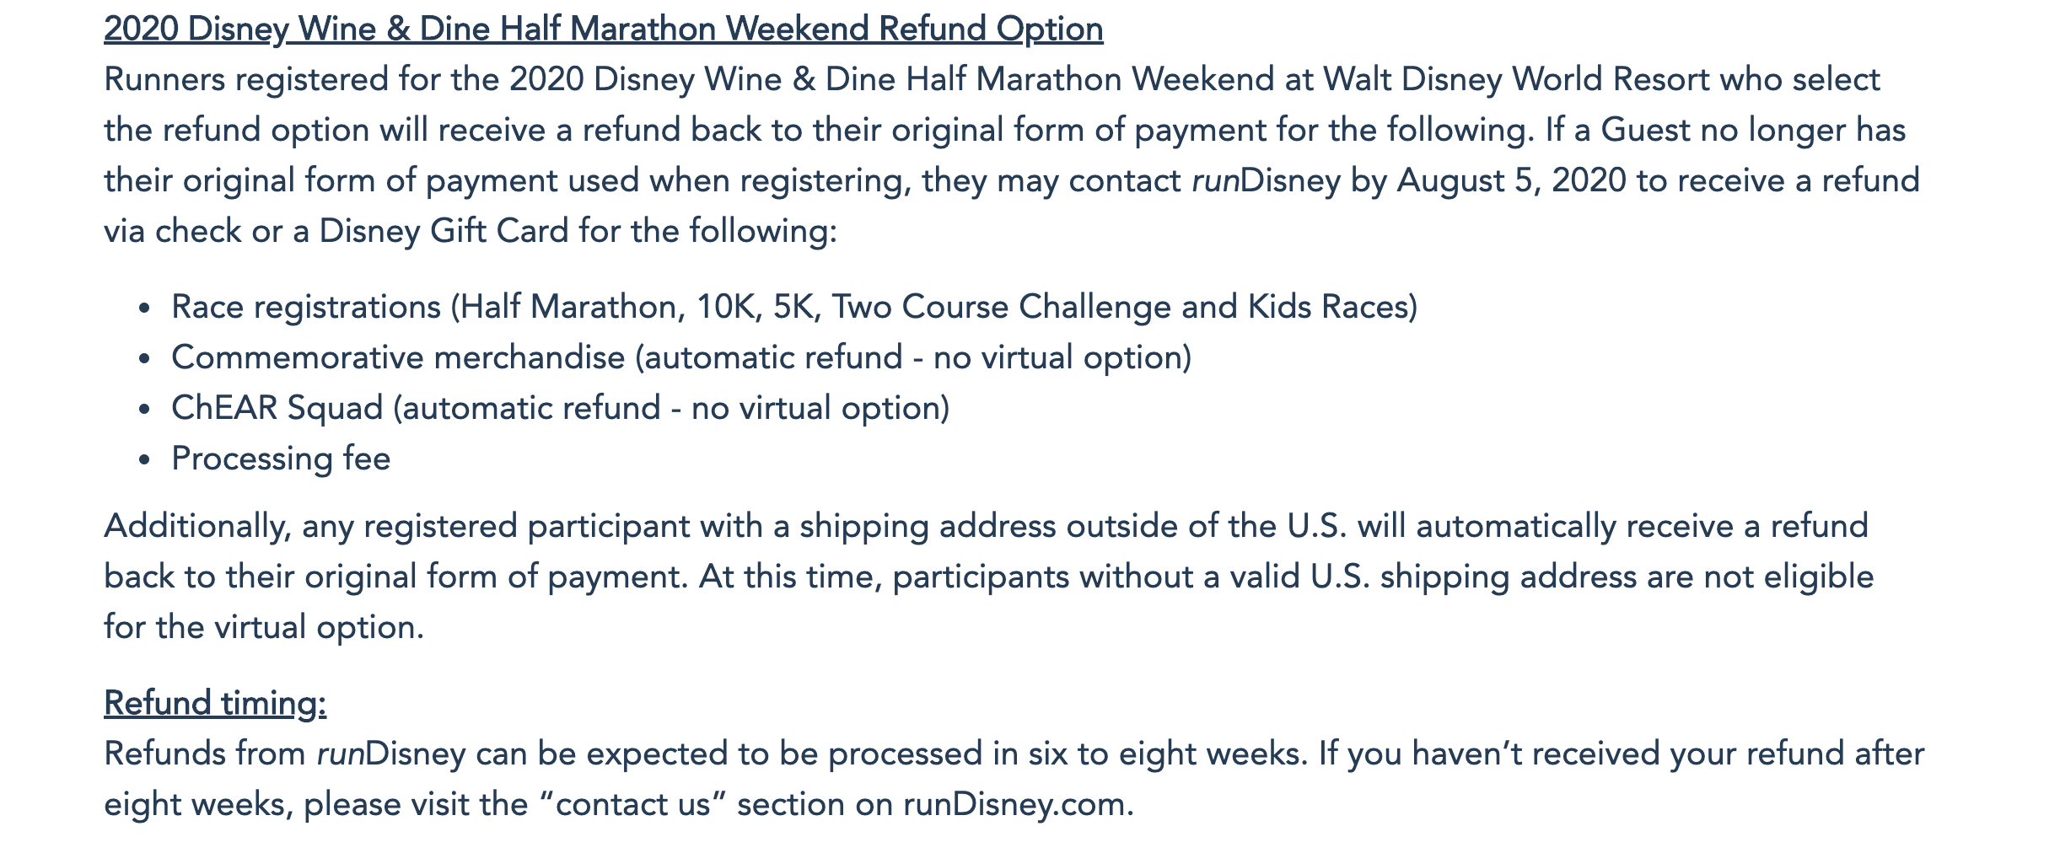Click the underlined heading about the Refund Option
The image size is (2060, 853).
(x=603, y=30)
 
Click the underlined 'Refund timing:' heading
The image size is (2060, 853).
(x=215, y=703)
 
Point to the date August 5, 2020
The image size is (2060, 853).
(x=1511, y=181)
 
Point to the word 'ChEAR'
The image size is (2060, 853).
(x=223, y=408)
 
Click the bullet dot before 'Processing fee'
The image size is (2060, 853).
(x=145, y=460)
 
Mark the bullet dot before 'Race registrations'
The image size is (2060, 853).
(x=145, y=308)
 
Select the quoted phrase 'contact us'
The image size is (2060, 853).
(x=633, y=804)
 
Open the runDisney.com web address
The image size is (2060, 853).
(x=1019, y=805)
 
